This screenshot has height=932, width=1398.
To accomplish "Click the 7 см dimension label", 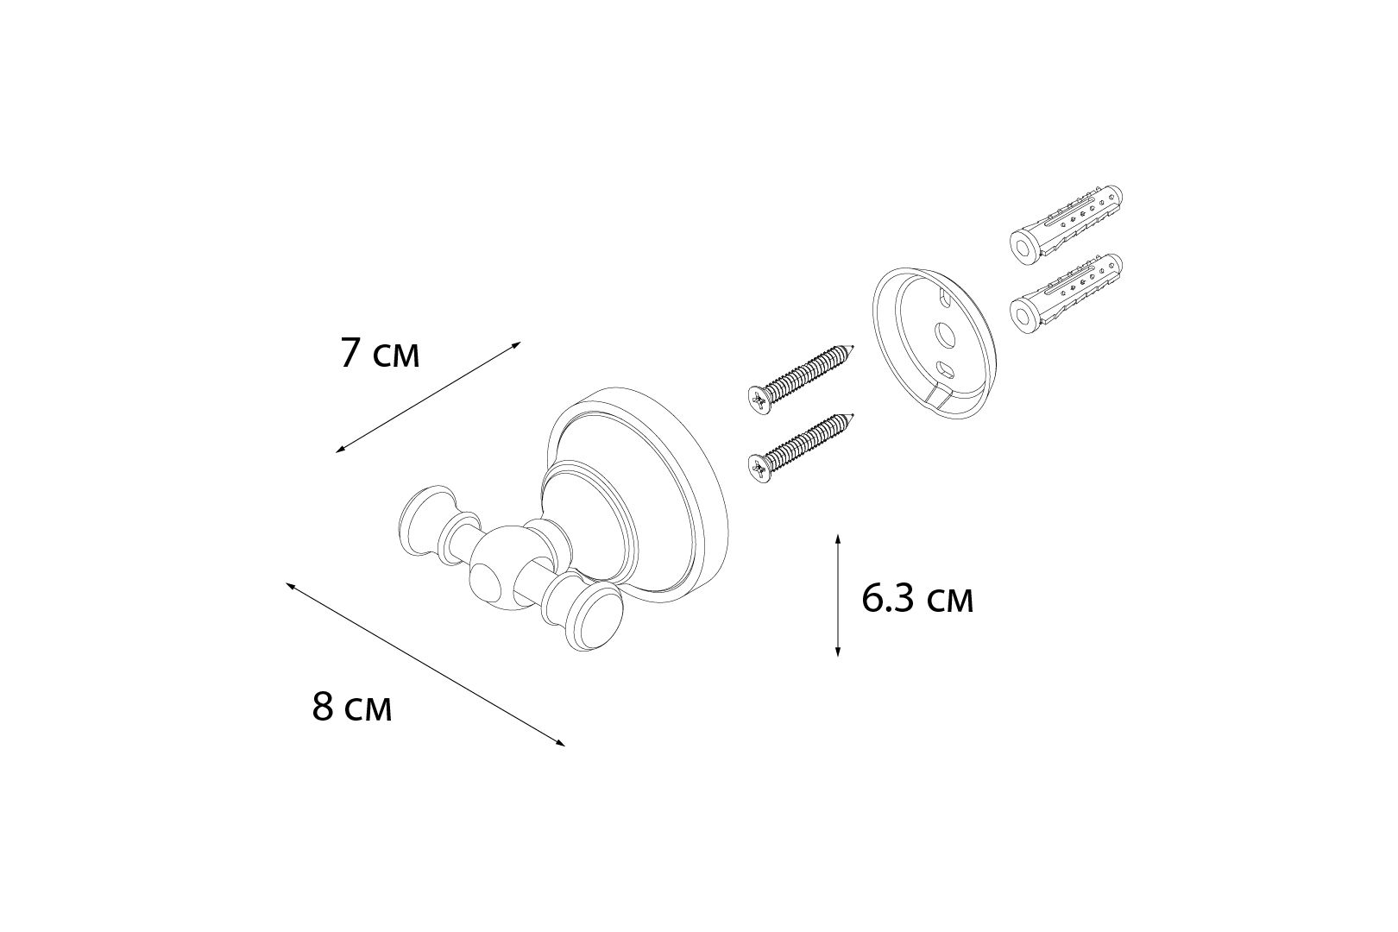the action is click(380, 354).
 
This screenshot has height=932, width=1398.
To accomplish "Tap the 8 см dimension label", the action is click(352, 708).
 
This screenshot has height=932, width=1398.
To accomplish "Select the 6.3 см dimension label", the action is click(917, 599).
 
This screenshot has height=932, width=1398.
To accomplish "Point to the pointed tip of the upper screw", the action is click(853, 345).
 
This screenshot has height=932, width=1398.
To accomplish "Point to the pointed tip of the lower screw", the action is click(853, 414).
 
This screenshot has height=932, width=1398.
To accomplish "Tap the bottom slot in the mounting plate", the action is click(946, 369).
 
